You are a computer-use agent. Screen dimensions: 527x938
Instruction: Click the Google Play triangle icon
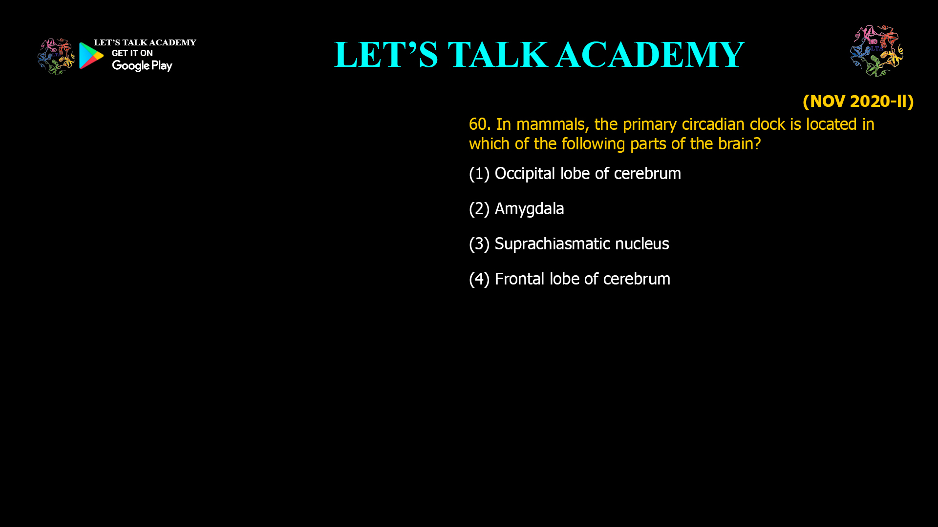coord(91,56)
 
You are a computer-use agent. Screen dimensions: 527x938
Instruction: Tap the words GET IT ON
coord(132,53)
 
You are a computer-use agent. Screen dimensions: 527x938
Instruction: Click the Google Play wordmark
coord(142,66)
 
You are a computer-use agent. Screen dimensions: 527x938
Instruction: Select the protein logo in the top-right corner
coord(876,51)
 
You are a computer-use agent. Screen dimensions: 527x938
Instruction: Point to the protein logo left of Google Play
coord(56,57)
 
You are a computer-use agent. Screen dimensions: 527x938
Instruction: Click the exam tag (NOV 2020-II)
coord(858,101)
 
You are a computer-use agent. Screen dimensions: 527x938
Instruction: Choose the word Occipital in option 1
coord(525,174)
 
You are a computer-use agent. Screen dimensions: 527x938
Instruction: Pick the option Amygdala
coord(529,209)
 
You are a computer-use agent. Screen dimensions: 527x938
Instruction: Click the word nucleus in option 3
coord(642,244)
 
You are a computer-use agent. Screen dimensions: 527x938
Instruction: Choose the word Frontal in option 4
coord(519,279)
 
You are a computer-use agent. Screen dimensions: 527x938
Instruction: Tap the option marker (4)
coord(479,279)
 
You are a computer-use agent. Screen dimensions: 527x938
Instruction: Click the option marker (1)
coord(479,174)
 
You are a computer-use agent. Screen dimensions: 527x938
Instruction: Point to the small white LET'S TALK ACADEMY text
coord(145,42)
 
